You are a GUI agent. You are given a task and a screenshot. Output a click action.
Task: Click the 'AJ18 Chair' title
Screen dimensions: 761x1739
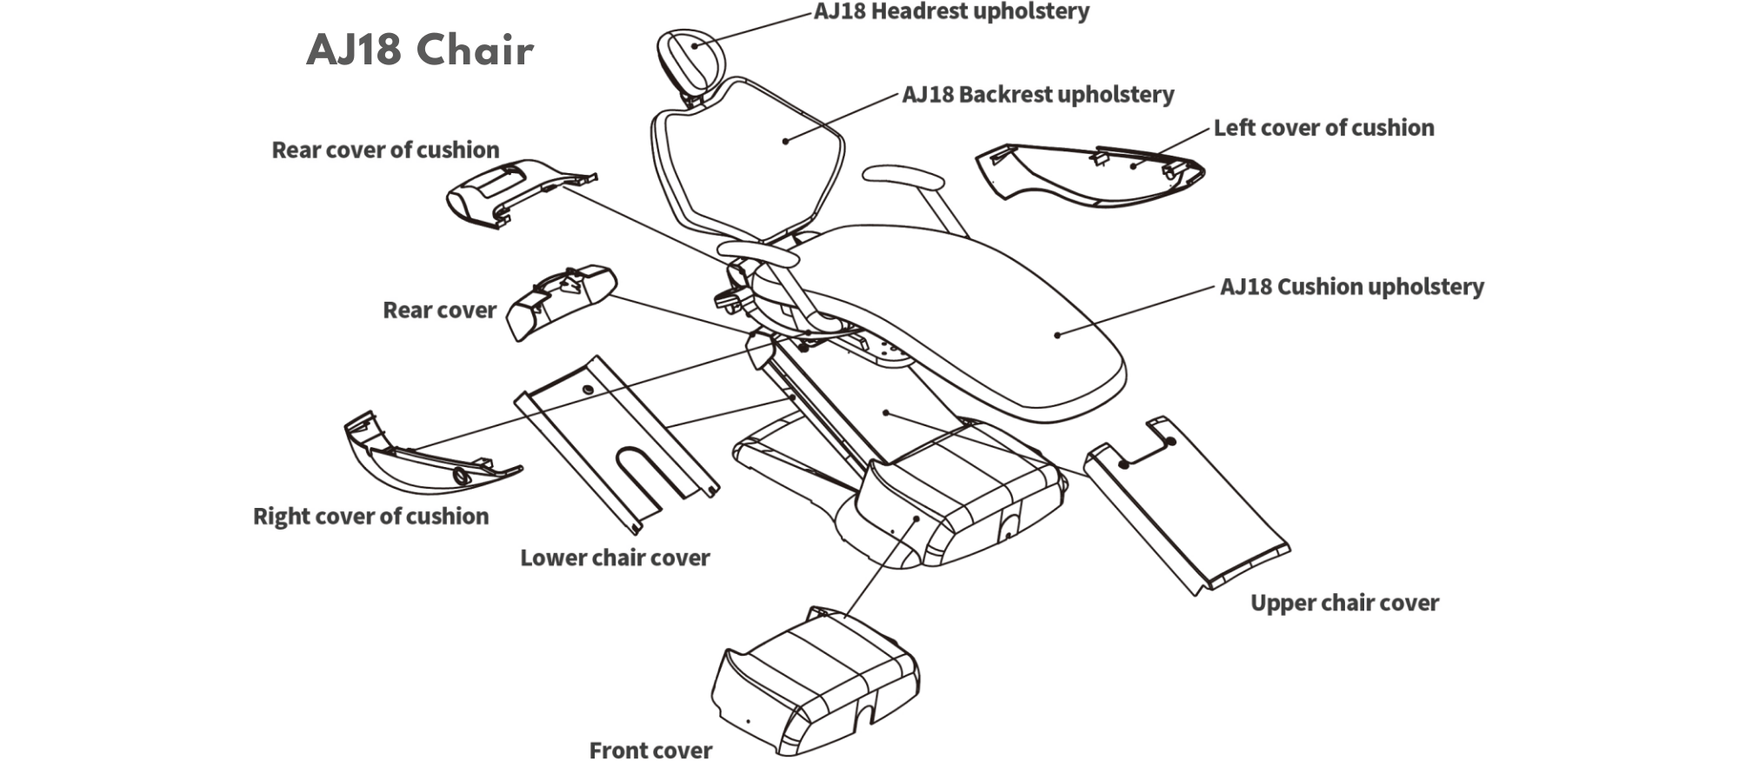[420, 50]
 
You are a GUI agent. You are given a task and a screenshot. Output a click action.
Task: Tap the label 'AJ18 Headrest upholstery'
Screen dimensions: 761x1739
[951, 12]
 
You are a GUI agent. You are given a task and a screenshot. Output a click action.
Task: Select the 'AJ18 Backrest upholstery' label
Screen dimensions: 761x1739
[1037, 94]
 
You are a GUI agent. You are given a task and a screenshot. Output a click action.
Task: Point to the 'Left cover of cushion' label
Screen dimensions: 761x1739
[1323, 128]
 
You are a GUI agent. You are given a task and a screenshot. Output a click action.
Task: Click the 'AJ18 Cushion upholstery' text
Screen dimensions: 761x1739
[1351, 286]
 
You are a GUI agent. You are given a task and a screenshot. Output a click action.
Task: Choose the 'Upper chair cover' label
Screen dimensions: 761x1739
[1344, 603]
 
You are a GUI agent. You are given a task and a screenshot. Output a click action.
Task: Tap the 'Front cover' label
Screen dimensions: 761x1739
[650, 750]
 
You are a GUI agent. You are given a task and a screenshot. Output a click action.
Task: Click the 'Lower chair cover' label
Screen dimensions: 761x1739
[615, 557]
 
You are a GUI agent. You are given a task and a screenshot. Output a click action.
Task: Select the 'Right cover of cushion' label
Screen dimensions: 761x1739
[370, 516]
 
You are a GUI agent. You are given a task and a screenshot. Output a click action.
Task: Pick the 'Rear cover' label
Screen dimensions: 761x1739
[439, 310]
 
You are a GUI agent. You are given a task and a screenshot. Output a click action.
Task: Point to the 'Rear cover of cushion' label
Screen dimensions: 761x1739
[385, 150]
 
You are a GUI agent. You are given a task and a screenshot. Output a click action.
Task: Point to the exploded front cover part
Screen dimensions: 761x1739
[813, 683]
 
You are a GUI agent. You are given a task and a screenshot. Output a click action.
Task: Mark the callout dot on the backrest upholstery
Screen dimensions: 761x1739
[785, 141]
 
